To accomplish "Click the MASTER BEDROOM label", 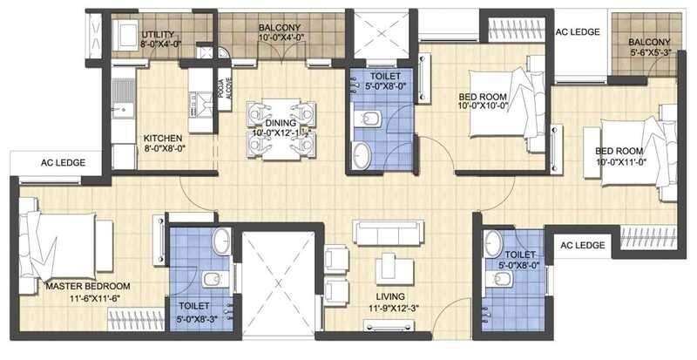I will point(88,286).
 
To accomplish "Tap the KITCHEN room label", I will point(163,137).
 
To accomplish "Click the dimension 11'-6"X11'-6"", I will point(88,298).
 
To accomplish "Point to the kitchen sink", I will point(122,111).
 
